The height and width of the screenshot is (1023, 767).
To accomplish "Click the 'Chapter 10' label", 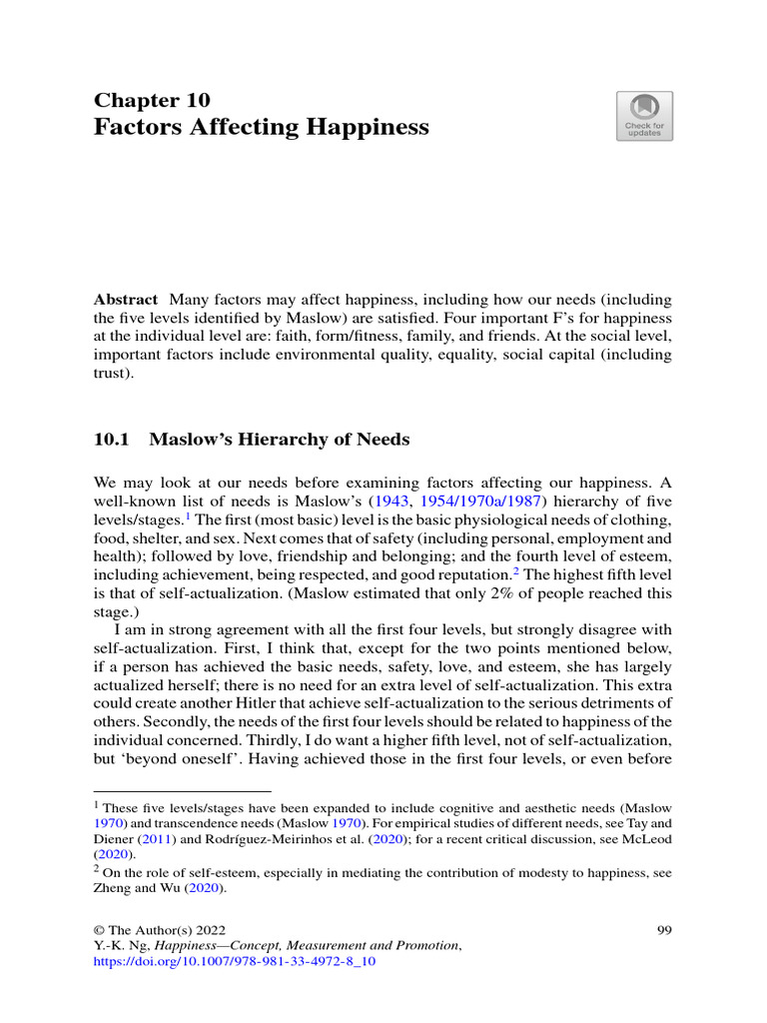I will (x=152, y=100).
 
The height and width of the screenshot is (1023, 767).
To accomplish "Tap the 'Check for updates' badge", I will (x=644, y=116).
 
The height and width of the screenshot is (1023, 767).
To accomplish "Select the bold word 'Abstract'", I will (x=126, y=300).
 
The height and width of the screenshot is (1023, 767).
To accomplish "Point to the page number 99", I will (x=663, y=930).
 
